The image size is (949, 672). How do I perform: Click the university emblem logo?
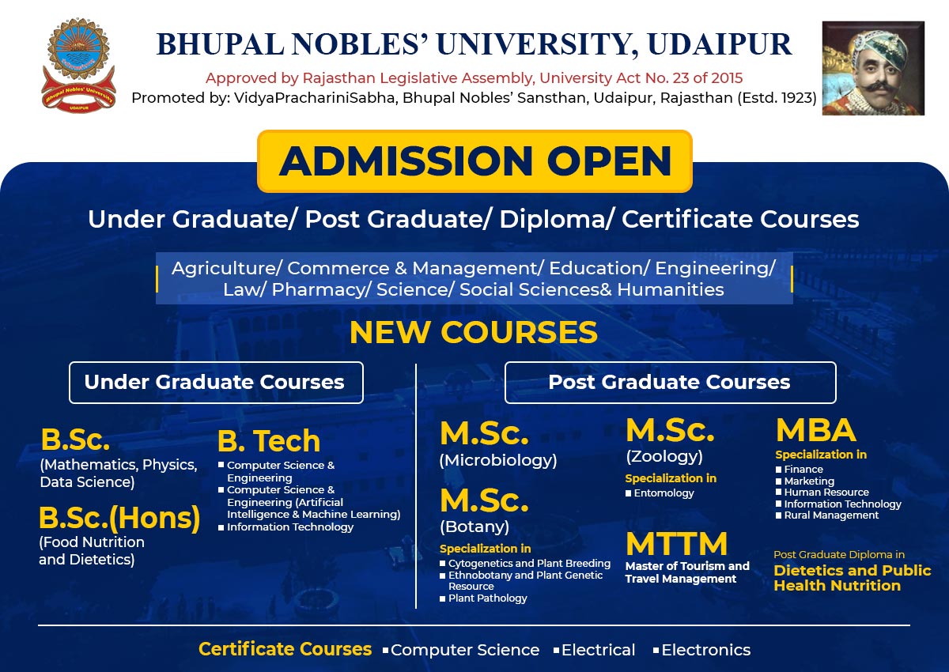pyautogui.click(x=78, y=65)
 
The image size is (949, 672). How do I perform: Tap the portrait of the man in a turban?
pyautogui.click(x=873, y=68)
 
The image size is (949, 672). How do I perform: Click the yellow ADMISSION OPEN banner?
pyautogui.click(x=475, y=161)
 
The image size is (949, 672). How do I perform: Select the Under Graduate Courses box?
pyautogui.click(x=216, y=383)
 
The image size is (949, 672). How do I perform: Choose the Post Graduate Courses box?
pyautogui.click(x=671, y=383)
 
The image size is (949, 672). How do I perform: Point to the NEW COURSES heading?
pyautogui.click(x=474, y=332)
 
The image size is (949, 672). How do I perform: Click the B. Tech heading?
pyautogui.click(x=269, y=441)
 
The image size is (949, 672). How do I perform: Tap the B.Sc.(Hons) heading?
pyautogui.click(x=119, y=519)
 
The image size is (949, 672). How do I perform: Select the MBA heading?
pyautogui.click(x=816, y=431)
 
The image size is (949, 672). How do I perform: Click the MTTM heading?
pyautogui.click(x=677, y=544)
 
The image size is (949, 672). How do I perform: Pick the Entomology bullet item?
pyautogui.click(x=660, y=493)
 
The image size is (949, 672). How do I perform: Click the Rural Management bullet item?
pyautogui.click(x=827, y=515)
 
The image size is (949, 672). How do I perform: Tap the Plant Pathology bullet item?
pyautogui.click(x=483, y=598)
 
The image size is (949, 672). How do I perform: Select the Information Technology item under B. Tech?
pyautogui.click(x=286, y=527)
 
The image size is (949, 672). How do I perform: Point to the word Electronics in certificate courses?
pyautogui.click(x=701, y=650)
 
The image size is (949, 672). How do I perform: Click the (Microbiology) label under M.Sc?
pyautogui.click(x=498, y=461)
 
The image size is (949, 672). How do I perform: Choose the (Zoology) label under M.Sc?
pyautogui.click(x=664, y=456)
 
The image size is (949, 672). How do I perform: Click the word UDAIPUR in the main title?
pyautogui.click(x=720, y=44)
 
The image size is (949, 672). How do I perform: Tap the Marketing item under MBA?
pyautogui.click(x=805, y=481)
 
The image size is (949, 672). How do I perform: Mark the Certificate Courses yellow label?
pyautogui.click(x=285, y=649)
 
